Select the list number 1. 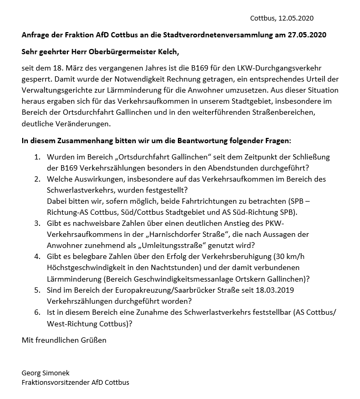click(x=37, y=157)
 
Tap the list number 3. click(x=37, y=224)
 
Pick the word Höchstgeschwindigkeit click(x=88, y=268)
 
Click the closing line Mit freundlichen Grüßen click(x=64, y=340)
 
